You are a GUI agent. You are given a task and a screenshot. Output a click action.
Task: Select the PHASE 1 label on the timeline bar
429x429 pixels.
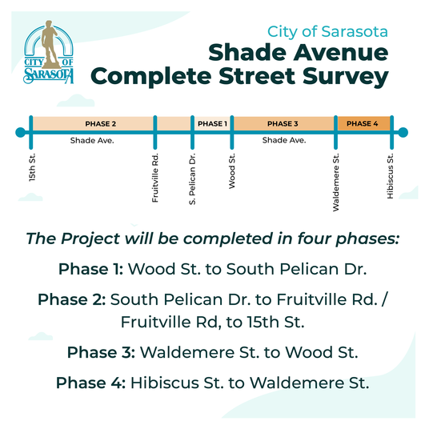(x=212, y=124)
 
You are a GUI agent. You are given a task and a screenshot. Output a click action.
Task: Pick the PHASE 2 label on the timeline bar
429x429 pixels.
(x=101, y=124)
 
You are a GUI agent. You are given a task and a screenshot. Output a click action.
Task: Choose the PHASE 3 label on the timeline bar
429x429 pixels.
(x=283, y=124)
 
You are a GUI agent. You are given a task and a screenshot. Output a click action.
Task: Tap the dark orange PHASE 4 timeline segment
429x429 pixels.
(x=363, y=124)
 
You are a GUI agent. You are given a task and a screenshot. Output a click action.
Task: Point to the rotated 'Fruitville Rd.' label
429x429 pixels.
(x=156, y=177)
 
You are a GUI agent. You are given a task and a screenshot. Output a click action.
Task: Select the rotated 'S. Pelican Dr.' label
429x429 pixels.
(x=193, y=180)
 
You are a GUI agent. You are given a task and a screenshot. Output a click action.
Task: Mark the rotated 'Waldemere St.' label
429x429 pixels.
(x=337, y=180)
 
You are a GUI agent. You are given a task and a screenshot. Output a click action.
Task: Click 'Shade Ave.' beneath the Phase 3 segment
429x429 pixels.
(x=284, y=140)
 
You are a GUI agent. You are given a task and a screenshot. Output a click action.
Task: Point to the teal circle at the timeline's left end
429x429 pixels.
(x=19, y=131)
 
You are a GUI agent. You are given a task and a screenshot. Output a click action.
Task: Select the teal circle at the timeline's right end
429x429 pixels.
(x=403, y=132)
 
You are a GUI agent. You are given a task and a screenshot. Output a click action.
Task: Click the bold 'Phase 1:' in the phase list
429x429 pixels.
(x=90, y=268)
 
